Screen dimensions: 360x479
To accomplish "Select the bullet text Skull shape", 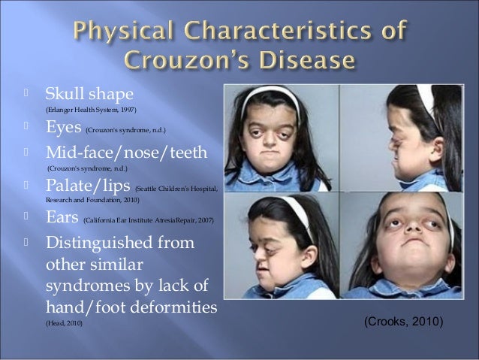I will click(89, 95).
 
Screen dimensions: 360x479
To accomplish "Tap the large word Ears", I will click(62, 217).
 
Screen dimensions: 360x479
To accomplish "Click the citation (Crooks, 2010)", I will click(403, 321).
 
